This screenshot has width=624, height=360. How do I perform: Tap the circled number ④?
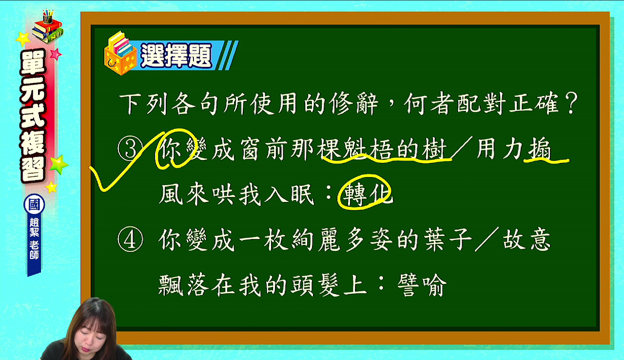point(130,240)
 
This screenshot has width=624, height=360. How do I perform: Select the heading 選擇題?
point(176,55)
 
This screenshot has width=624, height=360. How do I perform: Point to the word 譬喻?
point(422,285)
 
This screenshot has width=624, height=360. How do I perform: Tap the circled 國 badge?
point(34,204)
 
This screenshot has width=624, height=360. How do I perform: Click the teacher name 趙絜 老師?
point(34,239)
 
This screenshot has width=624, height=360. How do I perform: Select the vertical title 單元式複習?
point(33,116)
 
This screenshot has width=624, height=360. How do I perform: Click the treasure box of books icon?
point(120,54)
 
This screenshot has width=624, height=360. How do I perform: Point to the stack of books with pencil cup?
point(47,26)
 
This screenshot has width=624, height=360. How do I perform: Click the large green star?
point(58,164)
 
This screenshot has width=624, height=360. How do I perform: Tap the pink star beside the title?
point(56,54)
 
